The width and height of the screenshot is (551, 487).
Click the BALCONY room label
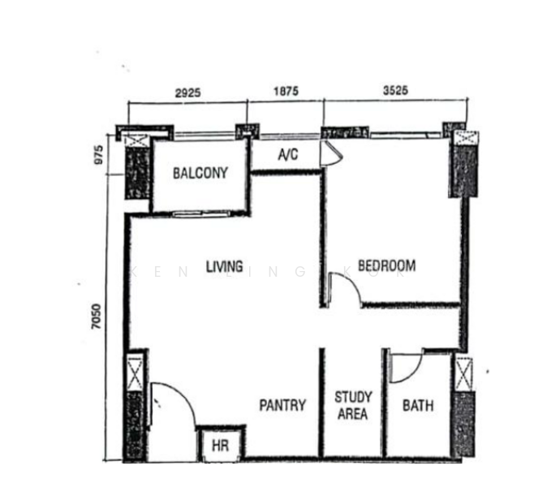[x=200, y=173]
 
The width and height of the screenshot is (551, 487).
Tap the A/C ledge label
[x=288, y=154]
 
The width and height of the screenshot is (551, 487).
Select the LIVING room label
[x=225, y=266]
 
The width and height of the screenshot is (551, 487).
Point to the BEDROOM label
[x=386, y=265]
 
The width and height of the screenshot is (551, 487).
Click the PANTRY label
[x=282, y=405]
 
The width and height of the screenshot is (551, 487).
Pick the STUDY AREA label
[x=353, y=406]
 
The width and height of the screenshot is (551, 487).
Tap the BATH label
[x=418, y=406]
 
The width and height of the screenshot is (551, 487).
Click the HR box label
[x=221, y=446]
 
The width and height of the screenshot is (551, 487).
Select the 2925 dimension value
[x=188, y=93]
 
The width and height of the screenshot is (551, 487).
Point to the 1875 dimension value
[x=286, y=92]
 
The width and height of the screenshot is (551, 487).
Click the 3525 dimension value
[x=396, y=90]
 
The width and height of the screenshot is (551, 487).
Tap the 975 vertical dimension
[x=99, y=155]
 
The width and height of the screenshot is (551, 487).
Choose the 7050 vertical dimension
[x=96, y=317]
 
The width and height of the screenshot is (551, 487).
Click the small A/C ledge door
[x=330, y=153]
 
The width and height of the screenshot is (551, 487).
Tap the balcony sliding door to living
[x=202, y=213]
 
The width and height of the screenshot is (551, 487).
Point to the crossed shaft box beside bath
[x=464, y=373]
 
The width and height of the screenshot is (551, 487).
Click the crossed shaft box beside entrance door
[x=135, y=373]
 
